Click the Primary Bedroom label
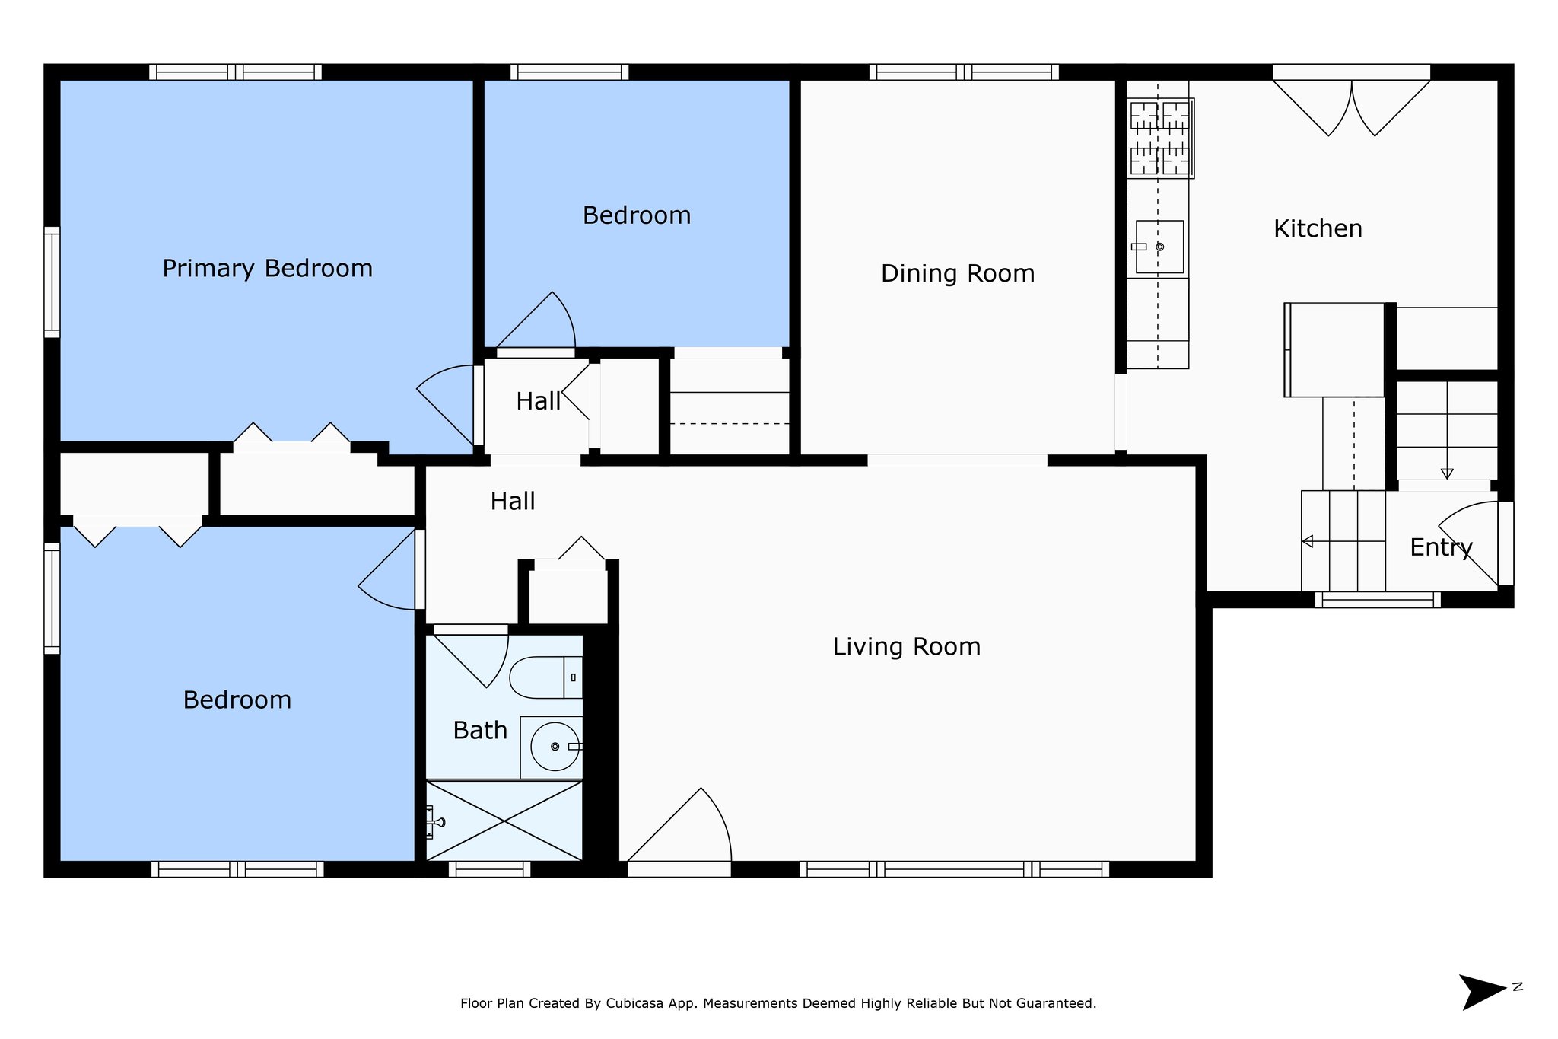(268, 269)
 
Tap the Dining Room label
(958, 273)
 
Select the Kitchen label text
(1318, 228)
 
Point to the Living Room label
(907, 647)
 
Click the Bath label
(480, 731)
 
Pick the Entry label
(1441, 547)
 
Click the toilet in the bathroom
(545, 677)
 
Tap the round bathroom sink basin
(555, 747)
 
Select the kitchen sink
(1159, 247)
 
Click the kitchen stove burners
(1160, 139)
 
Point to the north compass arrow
(1482, 992)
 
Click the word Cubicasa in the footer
(634, 1003)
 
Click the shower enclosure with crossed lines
(504, 821)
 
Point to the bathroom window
(490, 869)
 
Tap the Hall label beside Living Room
(513, 502)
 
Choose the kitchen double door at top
(1352, 107)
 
